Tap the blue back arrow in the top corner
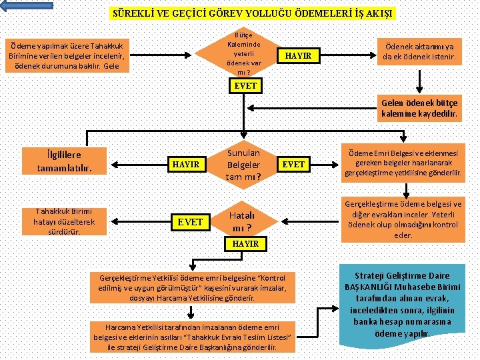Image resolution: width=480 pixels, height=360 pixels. (27, 5)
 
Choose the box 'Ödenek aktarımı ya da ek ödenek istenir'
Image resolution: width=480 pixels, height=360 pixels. (419, 52)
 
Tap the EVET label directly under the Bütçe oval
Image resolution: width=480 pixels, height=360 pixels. (245, 86)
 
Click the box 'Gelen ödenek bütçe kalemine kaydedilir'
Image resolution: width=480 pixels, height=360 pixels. (419, 109)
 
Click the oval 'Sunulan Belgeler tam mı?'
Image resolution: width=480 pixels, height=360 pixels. (243, 163)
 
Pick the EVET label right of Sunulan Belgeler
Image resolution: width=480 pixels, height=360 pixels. (293, 163)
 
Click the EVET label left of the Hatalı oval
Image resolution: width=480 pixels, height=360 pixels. (190, 221)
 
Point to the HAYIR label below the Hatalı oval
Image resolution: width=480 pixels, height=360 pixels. (245, 244)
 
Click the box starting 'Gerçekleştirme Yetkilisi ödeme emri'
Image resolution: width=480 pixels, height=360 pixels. (192, 287)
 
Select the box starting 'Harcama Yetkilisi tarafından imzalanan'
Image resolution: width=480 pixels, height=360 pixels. (192, 337)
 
